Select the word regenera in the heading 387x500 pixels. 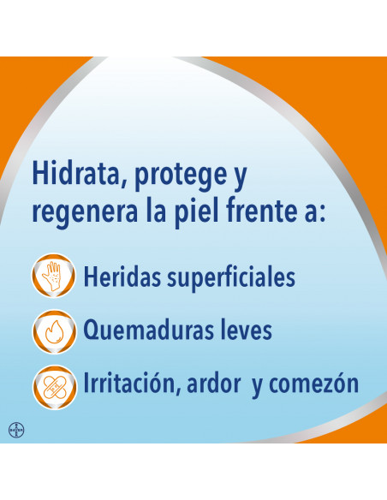coord(85,212)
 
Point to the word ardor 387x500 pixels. coord(213,384)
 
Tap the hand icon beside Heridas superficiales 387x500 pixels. coord(54,276)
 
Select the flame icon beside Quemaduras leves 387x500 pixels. coord(54,331)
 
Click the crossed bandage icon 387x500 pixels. coord(54,387)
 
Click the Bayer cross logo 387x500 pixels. coord(16,430)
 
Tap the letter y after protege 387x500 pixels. coord(240,180)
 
